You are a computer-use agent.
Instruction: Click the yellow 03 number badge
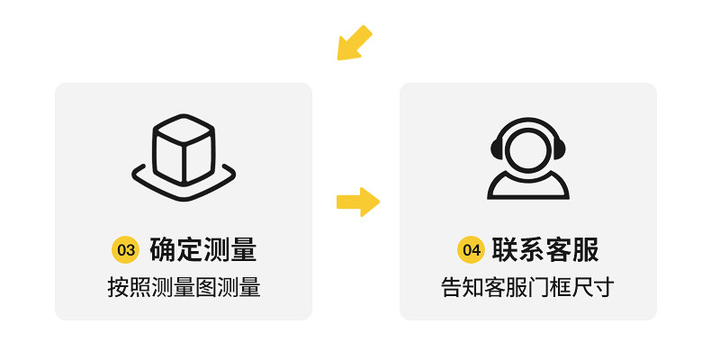(124, 249)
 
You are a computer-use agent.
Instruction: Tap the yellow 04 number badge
(471, 249)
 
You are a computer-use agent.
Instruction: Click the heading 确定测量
(203, 249)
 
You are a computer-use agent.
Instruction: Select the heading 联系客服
(545, 249)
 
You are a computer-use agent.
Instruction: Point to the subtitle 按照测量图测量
(184, 288)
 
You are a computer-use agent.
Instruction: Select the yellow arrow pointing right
(357, 202)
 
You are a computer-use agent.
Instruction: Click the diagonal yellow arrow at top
(354, 43)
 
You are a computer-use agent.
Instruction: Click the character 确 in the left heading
(163, 249)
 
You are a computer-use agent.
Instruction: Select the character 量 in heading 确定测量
(244, 249)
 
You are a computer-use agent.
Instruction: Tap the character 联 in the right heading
(505, 249)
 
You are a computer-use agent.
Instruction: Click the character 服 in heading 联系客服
(586, 249)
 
